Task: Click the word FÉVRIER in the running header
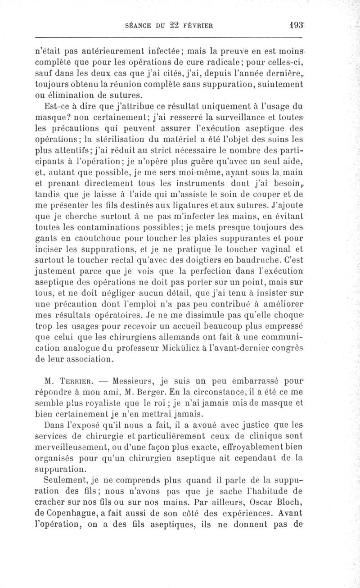(194, 27)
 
